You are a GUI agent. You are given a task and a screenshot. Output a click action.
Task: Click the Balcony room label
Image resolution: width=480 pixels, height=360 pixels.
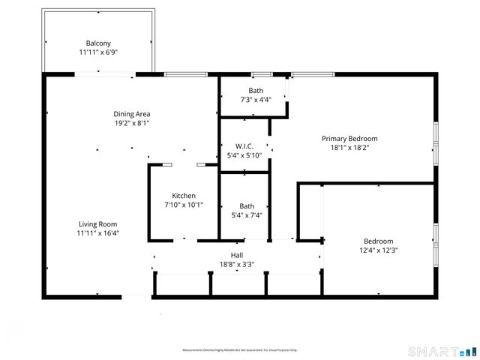98,43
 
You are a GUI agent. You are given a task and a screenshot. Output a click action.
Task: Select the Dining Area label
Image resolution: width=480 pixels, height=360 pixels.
132,114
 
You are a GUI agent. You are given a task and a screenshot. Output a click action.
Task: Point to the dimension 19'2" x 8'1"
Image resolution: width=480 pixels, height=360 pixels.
132,124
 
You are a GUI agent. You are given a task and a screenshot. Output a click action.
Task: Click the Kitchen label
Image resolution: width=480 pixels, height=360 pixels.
184,196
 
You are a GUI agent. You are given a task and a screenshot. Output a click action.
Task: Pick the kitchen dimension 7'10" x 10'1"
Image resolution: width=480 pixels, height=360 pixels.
184,205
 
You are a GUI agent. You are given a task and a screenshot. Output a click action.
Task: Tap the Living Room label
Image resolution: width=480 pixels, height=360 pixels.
98,223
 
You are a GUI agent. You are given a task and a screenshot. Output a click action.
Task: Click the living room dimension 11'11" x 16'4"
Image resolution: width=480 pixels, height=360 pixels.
98,233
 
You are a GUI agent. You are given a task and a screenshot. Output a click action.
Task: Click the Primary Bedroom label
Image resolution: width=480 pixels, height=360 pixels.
349,139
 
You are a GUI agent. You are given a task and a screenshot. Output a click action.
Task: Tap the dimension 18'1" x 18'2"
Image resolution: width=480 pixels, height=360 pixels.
349,148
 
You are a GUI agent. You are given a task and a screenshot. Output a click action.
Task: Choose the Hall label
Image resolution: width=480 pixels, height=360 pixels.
237,255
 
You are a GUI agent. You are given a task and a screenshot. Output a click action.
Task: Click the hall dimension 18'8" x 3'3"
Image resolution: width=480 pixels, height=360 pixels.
237,264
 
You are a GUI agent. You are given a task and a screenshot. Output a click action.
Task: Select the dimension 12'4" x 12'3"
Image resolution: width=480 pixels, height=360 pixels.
378,250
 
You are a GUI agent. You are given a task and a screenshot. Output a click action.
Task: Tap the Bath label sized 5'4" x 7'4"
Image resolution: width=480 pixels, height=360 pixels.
247,206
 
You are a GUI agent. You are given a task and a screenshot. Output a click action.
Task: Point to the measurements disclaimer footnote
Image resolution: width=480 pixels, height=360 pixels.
240,350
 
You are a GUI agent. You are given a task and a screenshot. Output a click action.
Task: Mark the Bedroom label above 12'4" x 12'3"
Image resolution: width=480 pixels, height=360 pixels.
378,241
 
